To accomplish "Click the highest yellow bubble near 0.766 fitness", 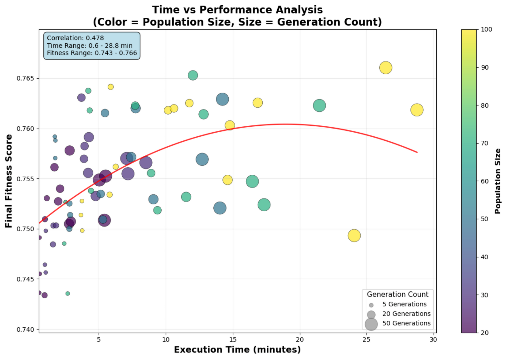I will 385,67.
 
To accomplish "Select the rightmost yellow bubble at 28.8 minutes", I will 417,110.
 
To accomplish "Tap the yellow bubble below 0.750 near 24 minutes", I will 354,236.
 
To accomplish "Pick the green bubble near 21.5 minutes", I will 319,105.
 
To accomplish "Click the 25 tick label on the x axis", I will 366,340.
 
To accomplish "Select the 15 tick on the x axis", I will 233,340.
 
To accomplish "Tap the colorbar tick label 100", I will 486,29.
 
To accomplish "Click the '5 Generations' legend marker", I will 371,305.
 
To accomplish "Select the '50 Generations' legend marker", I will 371,324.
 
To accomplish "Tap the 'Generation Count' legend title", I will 398,294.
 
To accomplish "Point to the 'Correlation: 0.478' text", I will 75,38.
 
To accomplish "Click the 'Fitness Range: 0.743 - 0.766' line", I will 92,53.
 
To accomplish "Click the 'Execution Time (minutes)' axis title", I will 237,350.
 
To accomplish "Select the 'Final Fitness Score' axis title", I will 9,181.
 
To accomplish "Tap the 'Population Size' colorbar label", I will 498,181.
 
